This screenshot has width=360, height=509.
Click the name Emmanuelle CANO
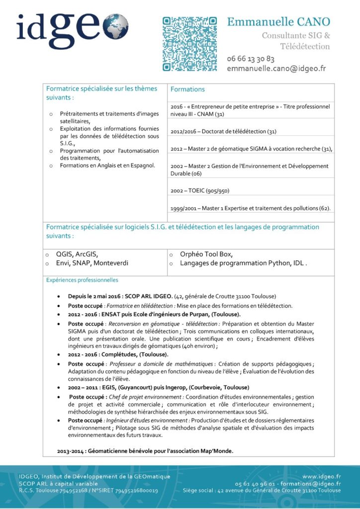(278, 22)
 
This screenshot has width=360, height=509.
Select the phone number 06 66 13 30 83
(251, 59)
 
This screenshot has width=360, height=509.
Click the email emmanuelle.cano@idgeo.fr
(276, 69)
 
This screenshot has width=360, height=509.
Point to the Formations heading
(187, 89)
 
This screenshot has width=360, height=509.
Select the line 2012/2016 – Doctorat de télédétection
(223, 132)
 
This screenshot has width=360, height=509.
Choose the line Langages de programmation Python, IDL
(243, 263)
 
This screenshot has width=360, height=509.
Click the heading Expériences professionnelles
(82, 280)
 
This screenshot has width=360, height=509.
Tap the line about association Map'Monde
(145, 451)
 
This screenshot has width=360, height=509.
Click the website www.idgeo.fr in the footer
(321, 476)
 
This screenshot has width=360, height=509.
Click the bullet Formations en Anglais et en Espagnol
(107, 166)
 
